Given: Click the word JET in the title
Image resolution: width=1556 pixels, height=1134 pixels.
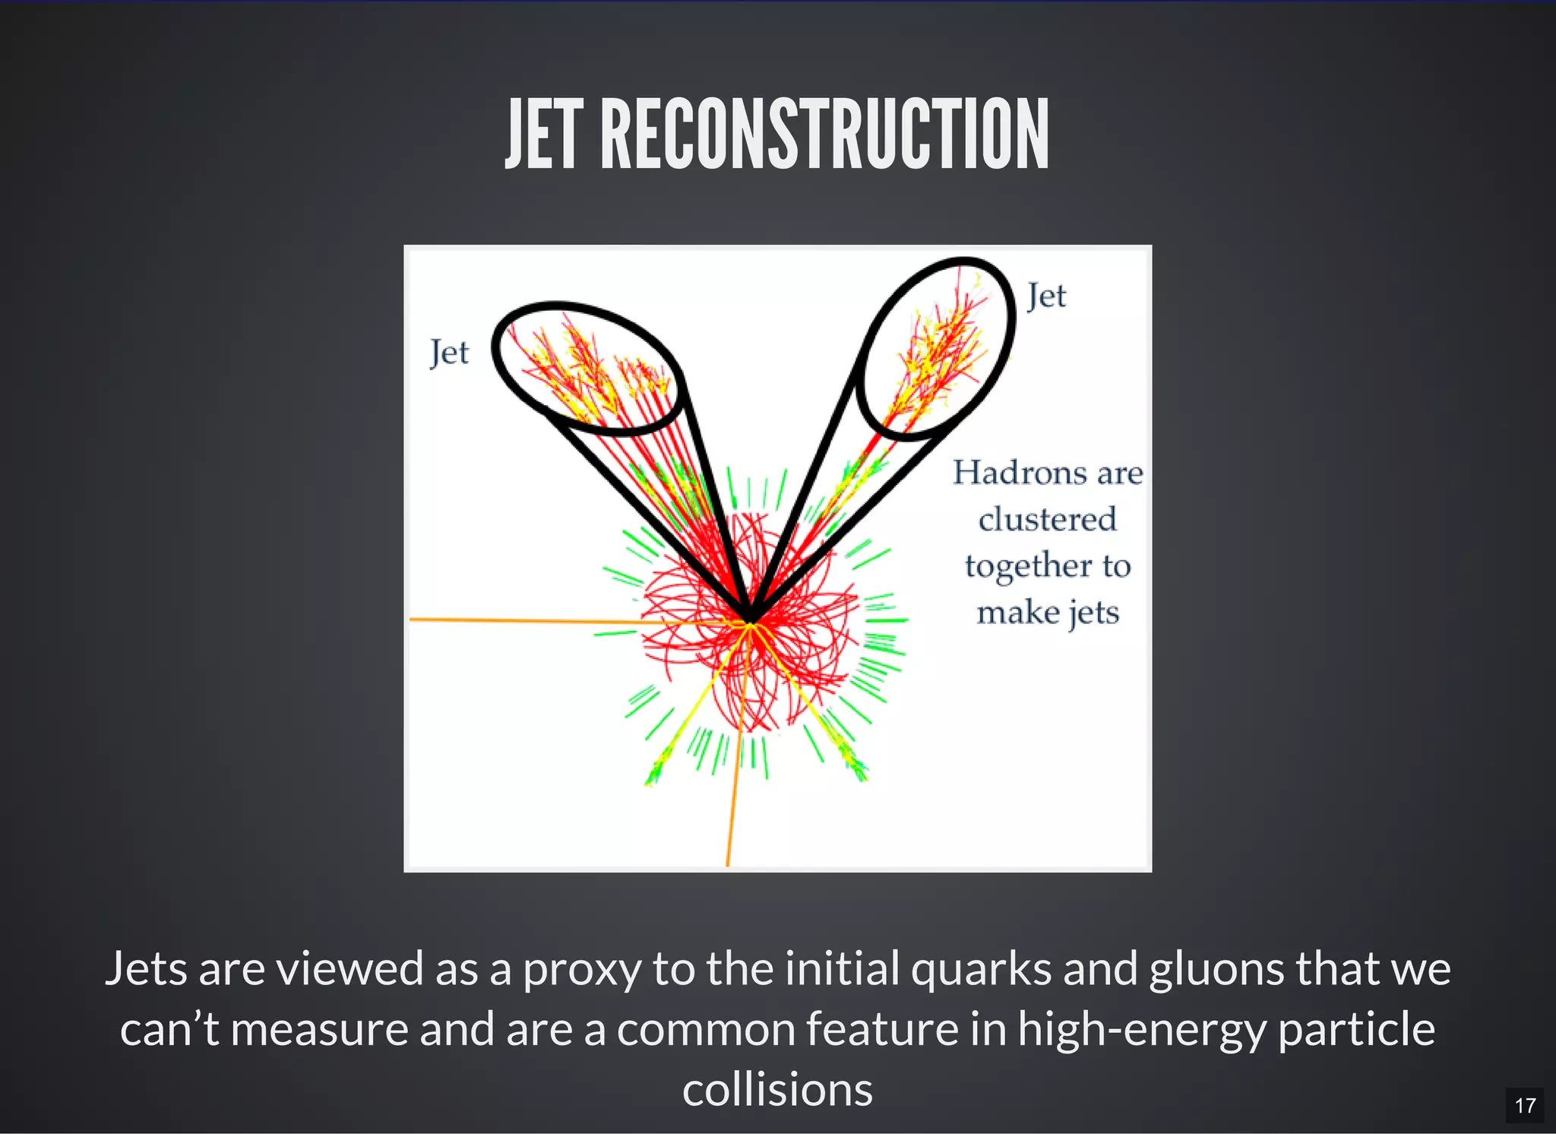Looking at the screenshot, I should (544, 135).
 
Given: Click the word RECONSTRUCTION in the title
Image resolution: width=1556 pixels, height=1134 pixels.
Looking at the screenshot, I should (824, 135).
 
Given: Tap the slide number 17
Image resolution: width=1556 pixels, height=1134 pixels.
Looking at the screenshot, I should (1524, 1105).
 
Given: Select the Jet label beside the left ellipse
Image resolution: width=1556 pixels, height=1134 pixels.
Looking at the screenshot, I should (449, 353).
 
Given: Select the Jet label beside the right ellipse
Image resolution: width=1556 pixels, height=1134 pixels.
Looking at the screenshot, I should (1046, 296).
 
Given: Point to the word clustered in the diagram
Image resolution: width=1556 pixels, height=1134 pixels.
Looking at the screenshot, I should (1047, 520).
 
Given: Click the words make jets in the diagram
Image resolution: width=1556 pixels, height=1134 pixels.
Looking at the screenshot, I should (1048, 613).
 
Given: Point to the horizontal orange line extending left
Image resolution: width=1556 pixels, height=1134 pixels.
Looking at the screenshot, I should (532, 621).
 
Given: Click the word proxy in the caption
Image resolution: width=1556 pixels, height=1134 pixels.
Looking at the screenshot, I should (581, 969).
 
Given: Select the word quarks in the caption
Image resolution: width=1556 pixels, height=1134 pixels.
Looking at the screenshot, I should (981, 969).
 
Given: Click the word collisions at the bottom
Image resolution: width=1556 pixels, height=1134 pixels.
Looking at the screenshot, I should (777, 1089).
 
